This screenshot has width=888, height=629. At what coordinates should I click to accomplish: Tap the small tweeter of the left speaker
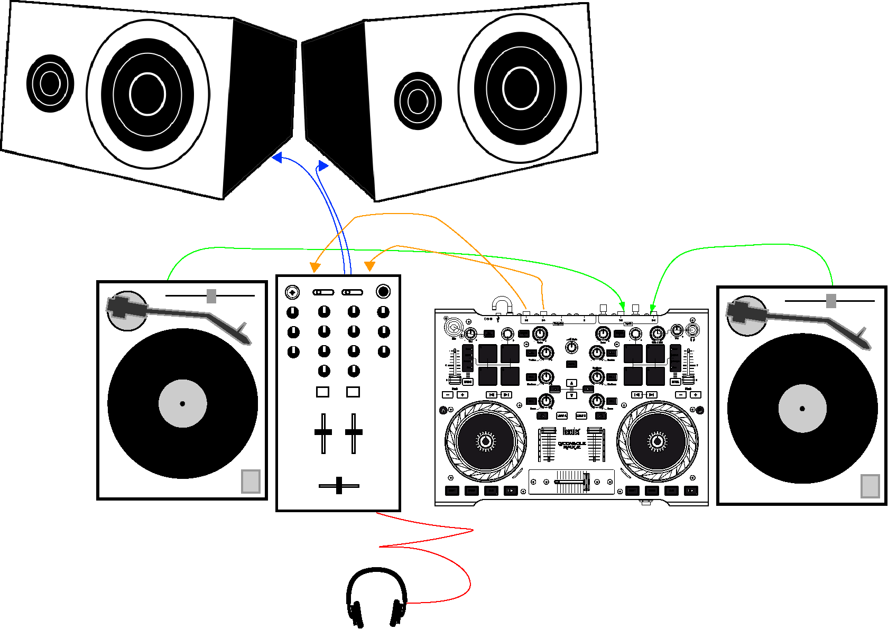pyautogui.click(x=50, y=83)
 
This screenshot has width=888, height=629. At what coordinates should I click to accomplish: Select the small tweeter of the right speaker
pyautogui.click(x=418, y=100)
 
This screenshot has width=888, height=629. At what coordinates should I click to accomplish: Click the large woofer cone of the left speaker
pyautogui.click(x=147, y=94)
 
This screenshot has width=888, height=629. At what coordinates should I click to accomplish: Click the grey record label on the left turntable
pyautogui.click(x=182, y=403)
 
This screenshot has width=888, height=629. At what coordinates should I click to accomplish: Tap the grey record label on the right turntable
pyautogui.click(x=802, y=408)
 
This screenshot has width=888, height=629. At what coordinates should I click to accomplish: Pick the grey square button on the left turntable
pyautogui.click(x=251, y=481)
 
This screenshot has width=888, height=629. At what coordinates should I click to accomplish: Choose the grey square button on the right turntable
pyautogui.click(x=869, y=486)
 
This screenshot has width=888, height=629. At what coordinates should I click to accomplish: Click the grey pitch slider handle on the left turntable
pyautogui.click(x=211, y=296)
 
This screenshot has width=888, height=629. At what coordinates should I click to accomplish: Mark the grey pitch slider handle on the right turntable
pyautogui.click(x=831, y=301)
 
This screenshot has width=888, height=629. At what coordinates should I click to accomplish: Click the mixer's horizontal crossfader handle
pyautogui.click(x=339, y=485)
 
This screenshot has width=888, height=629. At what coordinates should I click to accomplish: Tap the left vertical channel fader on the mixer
pyautogui.click(x=323, y=432)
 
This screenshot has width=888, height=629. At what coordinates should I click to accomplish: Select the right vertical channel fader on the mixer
pyautogui.click(x=354, y=432)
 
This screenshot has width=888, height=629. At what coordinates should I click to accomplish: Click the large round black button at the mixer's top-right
pyautogui.click(x=383, y=291)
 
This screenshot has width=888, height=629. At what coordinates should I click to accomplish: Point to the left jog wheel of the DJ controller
pyautogui.click(x=485, y=441)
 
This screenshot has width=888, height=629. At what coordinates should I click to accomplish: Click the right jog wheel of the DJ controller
pyautogui.click(x=657, y=441)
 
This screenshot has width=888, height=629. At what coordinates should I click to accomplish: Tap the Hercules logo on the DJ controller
pyautogui.click(x=571, y=431)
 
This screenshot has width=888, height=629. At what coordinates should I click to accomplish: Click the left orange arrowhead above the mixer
pyautogui.click(x=315, y=267)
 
